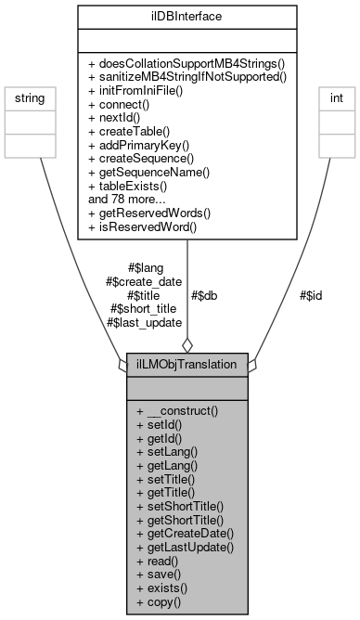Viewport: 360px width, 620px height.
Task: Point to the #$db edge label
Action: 205,295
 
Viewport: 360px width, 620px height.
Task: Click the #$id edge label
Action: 311,295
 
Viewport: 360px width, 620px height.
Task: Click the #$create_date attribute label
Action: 144,282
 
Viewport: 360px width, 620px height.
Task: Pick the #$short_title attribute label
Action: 145,308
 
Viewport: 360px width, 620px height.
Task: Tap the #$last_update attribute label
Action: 144,322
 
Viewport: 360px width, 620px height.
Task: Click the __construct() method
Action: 176,408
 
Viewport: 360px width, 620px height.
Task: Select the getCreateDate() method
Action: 184,534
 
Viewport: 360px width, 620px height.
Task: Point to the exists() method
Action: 161,589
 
